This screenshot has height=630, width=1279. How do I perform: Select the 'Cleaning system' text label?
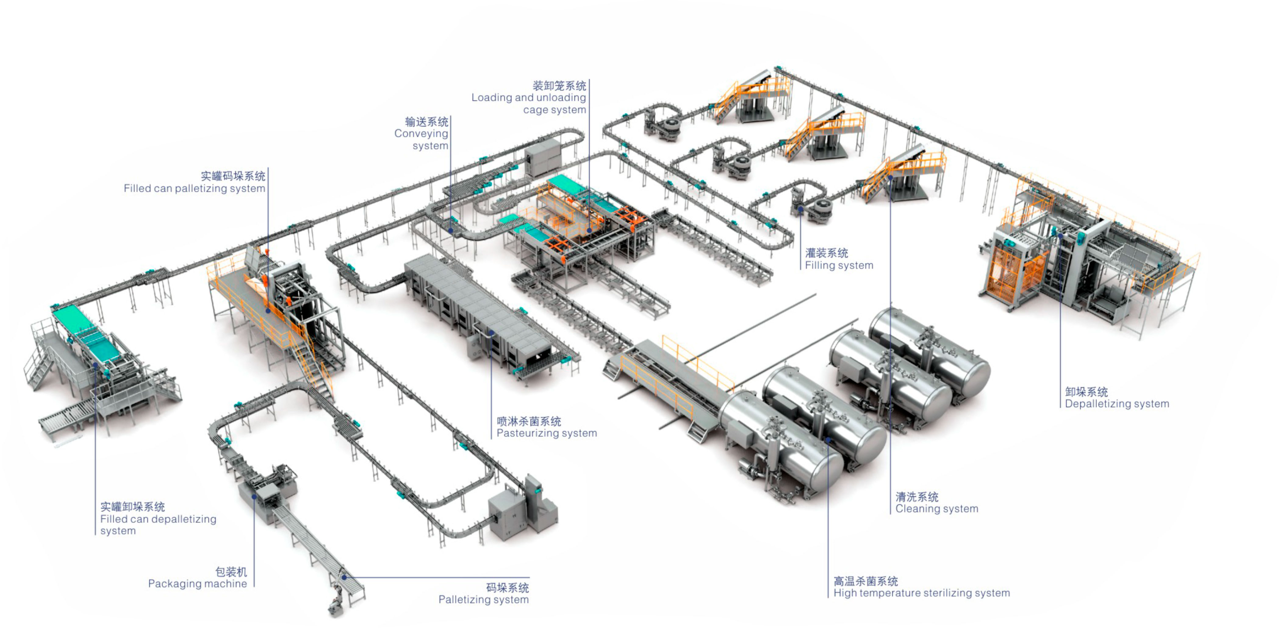936,509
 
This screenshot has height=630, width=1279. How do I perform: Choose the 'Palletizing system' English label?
483,600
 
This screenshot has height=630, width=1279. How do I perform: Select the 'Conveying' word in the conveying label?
421,134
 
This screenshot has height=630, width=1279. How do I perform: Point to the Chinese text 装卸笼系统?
559,86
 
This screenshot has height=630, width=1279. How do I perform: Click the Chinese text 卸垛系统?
1086,392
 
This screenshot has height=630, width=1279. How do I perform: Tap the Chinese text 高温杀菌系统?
865,581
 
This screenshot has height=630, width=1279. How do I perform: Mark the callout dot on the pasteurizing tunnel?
491,333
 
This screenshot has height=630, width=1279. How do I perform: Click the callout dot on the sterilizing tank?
828,440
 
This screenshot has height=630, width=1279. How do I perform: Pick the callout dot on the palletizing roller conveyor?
344,578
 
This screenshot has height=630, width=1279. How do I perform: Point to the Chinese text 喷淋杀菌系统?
529,422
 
